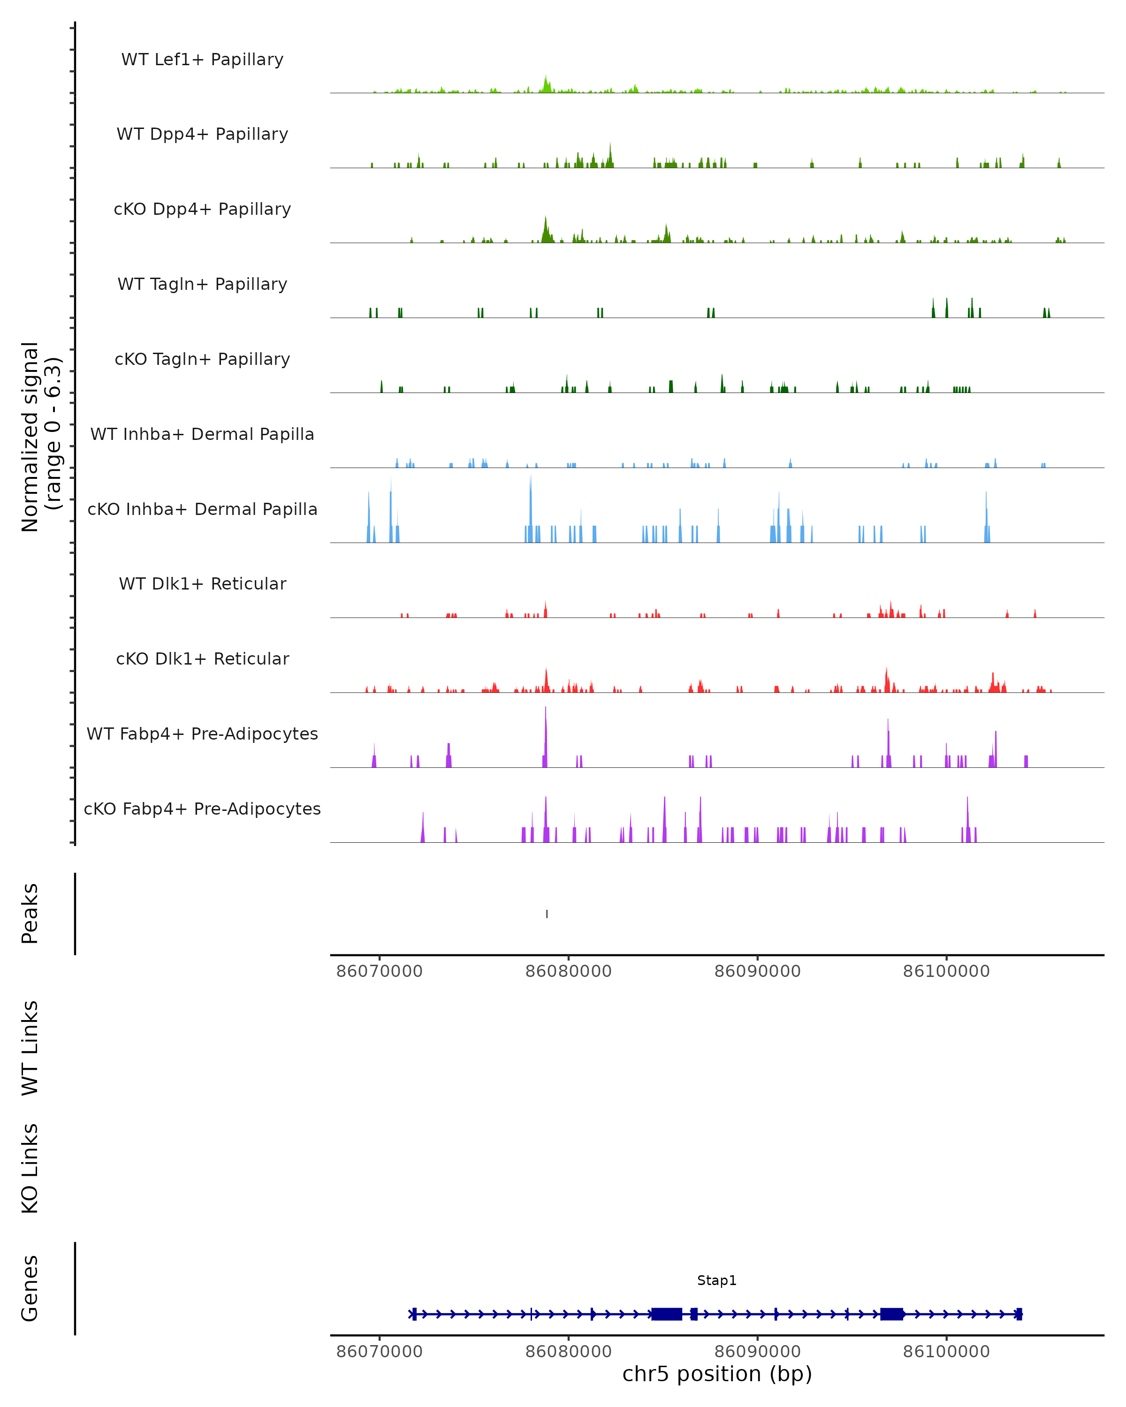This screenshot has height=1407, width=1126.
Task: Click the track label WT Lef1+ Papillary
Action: pyautogui.click(x=202, y=60)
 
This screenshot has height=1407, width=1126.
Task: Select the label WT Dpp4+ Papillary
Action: pyautogui.click(x=202, y=135)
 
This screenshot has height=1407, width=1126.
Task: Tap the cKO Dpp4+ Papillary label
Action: pyautogui.click(x=202, y=210)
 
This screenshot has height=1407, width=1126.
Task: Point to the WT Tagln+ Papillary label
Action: pyautogui.click(x=202, y=285)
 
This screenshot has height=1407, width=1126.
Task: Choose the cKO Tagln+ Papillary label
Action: pyautogui.click(x=202, y=360)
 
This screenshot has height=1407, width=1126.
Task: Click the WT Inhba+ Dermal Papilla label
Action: pyautogui.click(x=202, y=435)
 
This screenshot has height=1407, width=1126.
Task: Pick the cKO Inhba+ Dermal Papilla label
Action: pyautogui.click(x=202, y=510)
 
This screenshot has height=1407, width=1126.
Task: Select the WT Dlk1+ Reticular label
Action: pyautogui.click(x=202, y=584)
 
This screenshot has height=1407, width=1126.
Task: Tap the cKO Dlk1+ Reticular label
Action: pyautogui.click(x=202, y=659)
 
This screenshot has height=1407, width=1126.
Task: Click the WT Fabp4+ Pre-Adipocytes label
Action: pyautogui.click(x=202, y=734)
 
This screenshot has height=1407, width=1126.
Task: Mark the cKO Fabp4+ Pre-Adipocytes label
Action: pyautogui.click(x=202, y=809)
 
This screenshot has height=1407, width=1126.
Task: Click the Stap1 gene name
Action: pyautogui.click(x=717, y=1280)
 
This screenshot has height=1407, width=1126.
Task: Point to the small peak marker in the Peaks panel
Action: pyautogui.click(x=547, y=914)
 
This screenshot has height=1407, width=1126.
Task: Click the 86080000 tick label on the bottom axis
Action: pyautogui.click(x=569, y=1352)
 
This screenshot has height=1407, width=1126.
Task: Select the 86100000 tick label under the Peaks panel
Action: pyautogui.click(x=946, y=971)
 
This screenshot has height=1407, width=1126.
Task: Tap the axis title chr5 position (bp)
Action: pyautogui.click(x=717, y=1374)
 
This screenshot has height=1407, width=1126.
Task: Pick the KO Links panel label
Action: pyautogui.click(x=30, y=1168)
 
